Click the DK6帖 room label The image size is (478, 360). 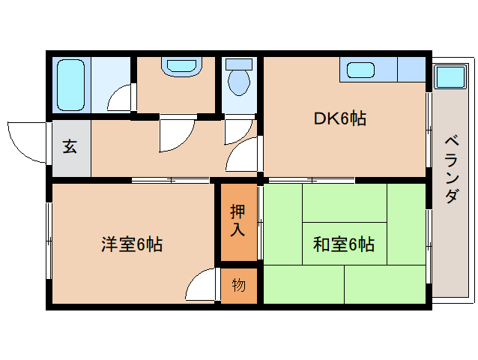(339, 118)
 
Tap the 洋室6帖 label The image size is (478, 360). (132, 244)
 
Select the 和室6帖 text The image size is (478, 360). (344, 244)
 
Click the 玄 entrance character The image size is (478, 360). (69, 147)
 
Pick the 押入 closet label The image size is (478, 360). (238, 221)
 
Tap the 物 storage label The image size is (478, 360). (238, 285)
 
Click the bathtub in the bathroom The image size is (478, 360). (73, 84)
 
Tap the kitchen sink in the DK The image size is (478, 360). (360, 70)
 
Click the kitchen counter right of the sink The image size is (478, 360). (410, 70)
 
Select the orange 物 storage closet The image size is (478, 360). (239, 286)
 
